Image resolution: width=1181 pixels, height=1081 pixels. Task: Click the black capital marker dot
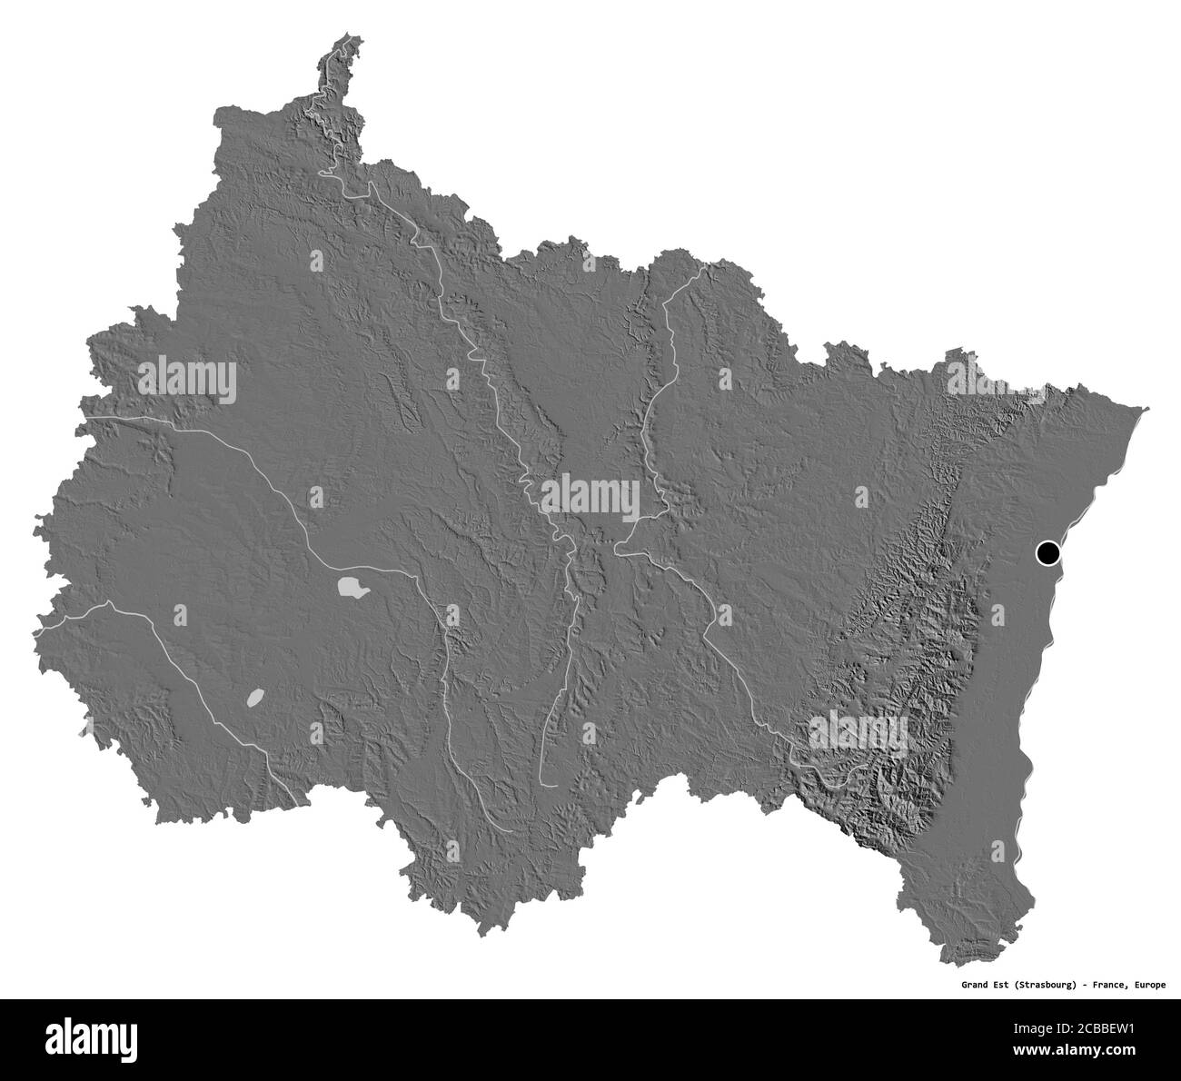[1047, 551]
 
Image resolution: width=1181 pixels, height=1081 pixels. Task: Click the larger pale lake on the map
[352, 589]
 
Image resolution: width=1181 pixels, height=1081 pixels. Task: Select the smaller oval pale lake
[255, 698]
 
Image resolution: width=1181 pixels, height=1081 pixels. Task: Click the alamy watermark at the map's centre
[590, 499]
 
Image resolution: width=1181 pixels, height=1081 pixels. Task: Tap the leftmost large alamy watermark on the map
[188, 380]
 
